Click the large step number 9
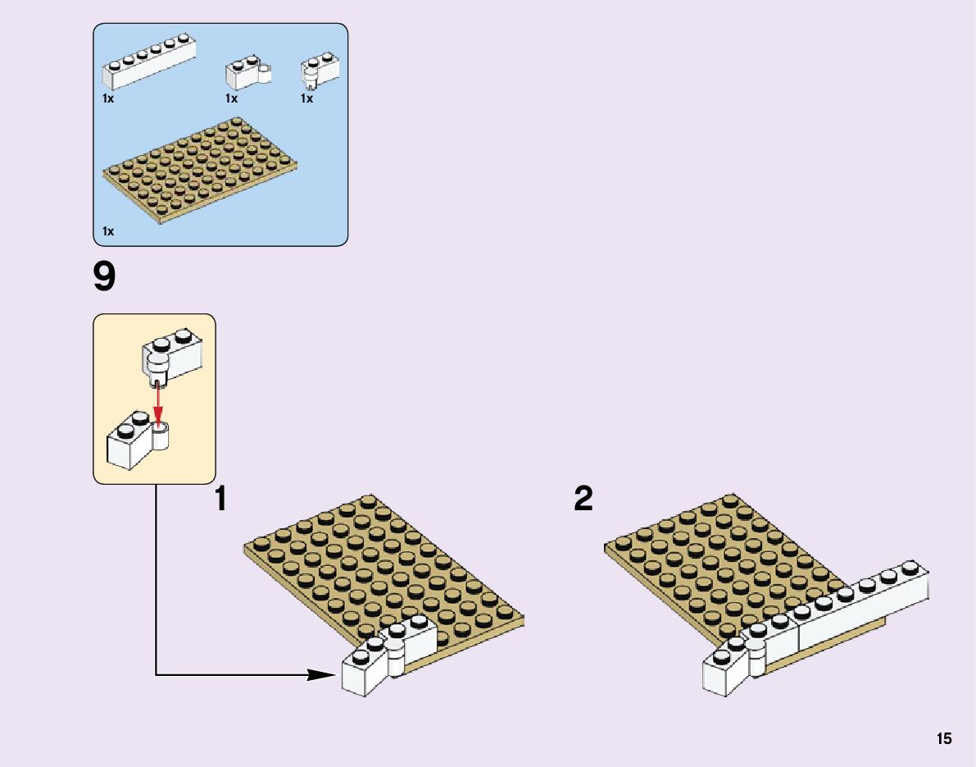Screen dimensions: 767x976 pyautogui.click(x=105, y=278)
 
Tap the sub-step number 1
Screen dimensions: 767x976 pyautogui.click(x=220, y=499)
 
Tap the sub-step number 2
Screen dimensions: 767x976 pyautogui.click(x=583, y=499)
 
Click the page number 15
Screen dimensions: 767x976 pyautogui.click(x=944, y=739)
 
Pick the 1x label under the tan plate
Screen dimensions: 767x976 pyautogui.click(x=108, y=232)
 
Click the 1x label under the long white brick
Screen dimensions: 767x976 pyautogui.click(x=108, y=98)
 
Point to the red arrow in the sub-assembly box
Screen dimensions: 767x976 pyautogui.click(x=157, y=403)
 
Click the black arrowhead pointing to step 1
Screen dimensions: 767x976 pyautogui.click(x=321, y=675)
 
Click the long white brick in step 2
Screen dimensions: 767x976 pyautogui.click(x=860, y=607)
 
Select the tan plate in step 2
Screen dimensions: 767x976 pyautogui.click(x=721, y=566)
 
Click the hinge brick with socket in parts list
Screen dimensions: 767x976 pyautogui.click(x=247, y=73)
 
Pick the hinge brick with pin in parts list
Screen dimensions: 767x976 pyautogui.click(x=320, y=71)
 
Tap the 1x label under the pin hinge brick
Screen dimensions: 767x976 pyautogui.click(x=306, y=98)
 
